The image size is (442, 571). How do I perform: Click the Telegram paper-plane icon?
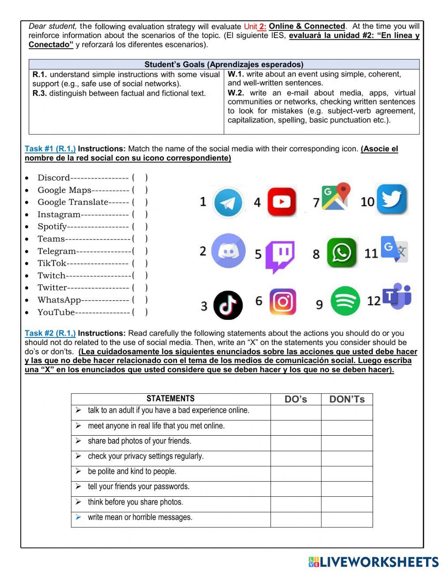[228, 203]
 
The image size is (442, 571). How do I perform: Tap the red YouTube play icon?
[282, 202]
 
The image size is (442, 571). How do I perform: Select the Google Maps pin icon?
[336, 197]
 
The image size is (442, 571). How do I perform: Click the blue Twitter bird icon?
[392, 199]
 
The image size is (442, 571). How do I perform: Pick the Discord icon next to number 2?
[228, 251]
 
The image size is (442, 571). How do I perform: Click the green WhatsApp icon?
[341, 253]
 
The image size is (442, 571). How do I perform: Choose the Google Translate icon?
[394, 250]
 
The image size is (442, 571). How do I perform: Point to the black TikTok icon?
[228, 305]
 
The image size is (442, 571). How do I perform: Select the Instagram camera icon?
[282, 302]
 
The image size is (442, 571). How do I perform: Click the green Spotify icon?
[345, 301]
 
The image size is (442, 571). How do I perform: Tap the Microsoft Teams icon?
[397, 297]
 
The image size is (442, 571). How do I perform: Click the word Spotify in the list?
[52, 226]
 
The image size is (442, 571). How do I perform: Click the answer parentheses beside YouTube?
[140, 312]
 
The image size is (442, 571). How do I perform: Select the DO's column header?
[296, 399]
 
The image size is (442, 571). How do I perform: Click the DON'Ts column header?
[347, 399]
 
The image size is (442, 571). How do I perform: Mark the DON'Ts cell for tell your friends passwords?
[347, 489]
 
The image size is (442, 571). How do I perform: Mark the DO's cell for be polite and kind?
[296, 474]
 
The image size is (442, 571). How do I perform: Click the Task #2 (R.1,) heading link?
[50, 333]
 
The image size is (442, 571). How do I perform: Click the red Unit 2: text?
[255, 27]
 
